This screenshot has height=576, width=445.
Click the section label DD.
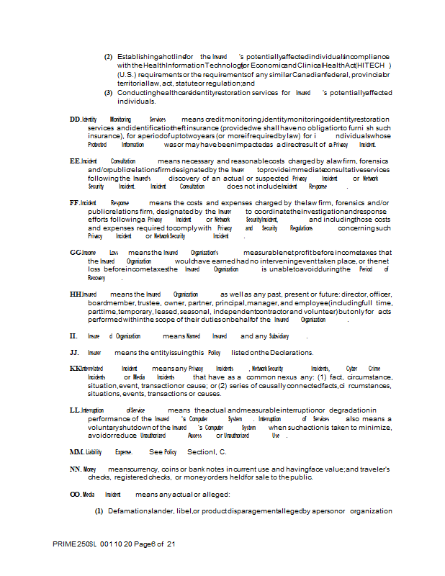[74, 119]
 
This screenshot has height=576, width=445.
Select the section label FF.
[74, 204]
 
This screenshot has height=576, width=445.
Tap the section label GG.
[75, 253]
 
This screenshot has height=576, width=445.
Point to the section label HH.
[75, 294]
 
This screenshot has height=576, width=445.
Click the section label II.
[73, 336]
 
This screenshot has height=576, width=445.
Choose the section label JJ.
[73, 352]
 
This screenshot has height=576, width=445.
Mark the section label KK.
[75, 368]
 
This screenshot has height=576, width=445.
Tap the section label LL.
[74, 410]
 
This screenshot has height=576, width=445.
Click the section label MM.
[76, 451]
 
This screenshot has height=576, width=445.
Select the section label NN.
[75, 469]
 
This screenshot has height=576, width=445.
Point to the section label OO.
[75, 495]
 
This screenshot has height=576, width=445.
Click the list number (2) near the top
[108, 57]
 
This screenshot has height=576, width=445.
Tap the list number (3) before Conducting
[108, 93]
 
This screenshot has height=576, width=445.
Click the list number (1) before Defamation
[99, 511]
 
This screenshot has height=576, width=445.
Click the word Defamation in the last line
[127, 511]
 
